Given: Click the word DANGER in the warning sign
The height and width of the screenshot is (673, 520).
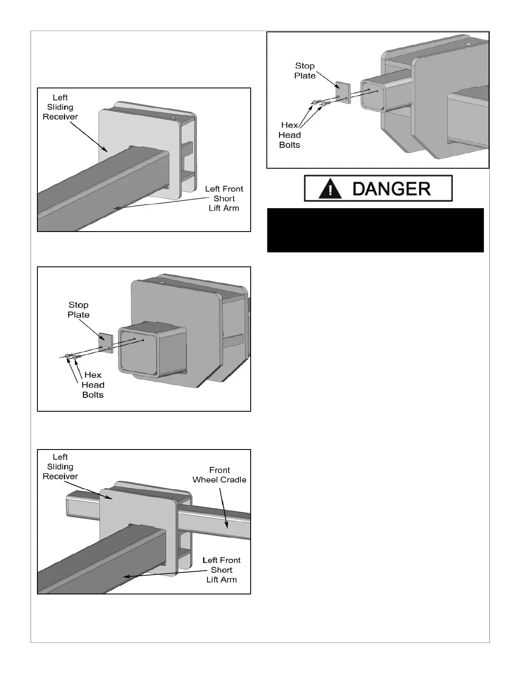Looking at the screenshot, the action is [392, 189].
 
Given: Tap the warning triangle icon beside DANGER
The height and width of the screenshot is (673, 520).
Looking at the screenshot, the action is [330, 188].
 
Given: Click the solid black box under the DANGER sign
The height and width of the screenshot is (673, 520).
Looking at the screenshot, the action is [375, 230].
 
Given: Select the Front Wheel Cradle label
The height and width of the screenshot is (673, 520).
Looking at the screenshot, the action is [219, 475].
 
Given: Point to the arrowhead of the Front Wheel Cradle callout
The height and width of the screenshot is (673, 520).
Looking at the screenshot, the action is [228, 526].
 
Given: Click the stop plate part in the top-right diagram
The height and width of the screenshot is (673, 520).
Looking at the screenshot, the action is [343, 93].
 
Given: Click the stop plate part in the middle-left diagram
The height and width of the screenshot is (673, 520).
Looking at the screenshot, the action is [106, 343].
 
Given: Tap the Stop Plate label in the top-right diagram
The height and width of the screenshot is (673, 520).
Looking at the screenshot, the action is [305, 71].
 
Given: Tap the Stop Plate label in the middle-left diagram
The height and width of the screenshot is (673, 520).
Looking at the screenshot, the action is [79, 310].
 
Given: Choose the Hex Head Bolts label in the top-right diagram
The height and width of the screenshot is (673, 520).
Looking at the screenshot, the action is [289, 135].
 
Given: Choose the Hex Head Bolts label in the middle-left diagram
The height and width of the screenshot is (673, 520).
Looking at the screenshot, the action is [93, 385].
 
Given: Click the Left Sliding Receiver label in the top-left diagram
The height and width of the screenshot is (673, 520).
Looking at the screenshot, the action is [60, 107].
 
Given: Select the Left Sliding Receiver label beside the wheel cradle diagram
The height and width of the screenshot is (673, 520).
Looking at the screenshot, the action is [60, 467].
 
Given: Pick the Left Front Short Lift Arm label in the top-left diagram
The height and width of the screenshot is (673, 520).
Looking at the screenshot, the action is [224, 198].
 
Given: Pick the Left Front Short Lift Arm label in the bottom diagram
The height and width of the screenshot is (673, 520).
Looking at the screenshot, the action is [221, 570].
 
